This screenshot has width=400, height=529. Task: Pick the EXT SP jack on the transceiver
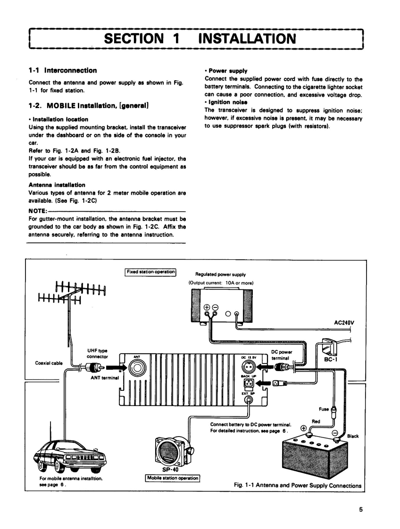coord(247,401)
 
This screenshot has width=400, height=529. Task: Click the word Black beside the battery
coord(353,436)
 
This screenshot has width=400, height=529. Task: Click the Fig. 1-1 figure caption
coord(298,485)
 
